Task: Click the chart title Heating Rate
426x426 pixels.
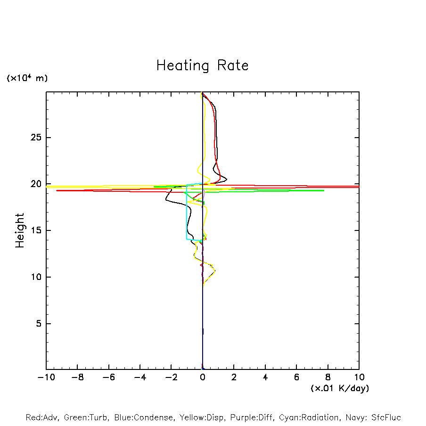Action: click(202, 65)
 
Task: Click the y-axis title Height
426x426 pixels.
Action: click(20, 230)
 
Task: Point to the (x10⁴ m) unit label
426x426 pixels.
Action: click(27, 78)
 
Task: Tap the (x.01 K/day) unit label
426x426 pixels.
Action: click(339, 388)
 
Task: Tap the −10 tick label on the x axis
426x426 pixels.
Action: click(46, 377)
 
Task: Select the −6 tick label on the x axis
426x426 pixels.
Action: click(108, 377)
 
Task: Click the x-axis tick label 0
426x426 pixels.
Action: click(203, 377)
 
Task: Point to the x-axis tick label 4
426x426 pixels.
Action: click(265, 377)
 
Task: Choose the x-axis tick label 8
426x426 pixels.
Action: click(328, 377)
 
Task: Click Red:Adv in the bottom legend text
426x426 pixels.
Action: click(41, 418)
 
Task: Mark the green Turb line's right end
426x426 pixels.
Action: click(323, 190)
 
